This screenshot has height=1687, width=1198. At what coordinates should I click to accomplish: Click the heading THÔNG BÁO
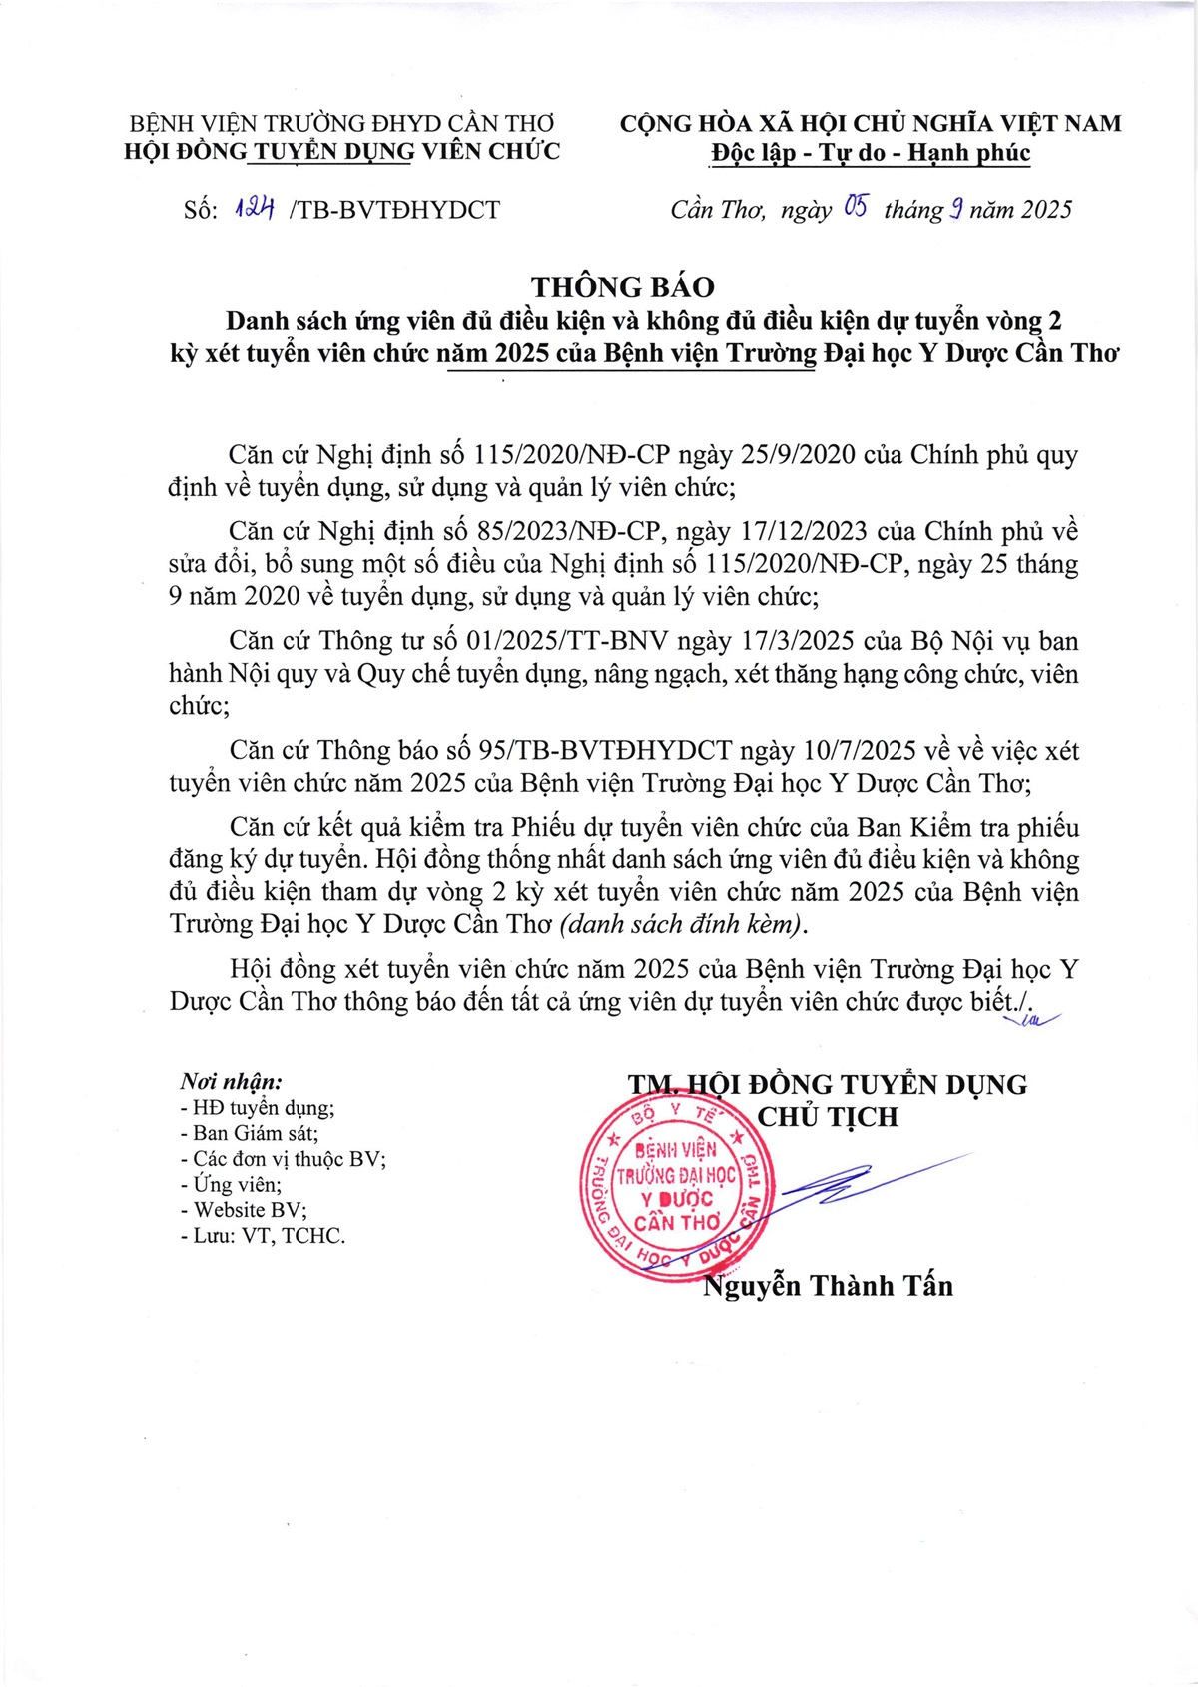click(x=623, y=287)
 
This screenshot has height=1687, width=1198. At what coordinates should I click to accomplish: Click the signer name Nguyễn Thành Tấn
click(x=828, y=1285)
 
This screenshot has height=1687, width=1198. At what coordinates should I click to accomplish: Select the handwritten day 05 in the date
click(x=855, y=207)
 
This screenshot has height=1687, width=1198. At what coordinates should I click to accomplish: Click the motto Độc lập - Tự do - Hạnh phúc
click(x=870, y=153)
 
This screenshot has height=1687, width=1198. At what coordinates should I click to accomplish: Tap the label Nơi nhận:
click(x=231, y=1081)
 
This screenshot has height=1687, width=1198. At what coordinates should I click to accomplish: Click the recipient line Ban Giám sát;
click(x=250, y=1133)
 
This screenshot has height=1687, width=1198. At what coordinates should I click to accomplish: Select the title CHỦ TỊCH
click(x=828, y=1117)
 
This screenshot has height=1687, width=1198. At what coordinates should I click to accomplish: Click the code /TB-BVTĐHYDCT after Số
click(x=393, y=210)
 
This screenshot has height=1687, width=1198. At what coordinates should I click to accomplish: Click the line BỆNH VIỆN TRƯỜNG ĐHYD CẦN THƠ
click(x=341, y=123)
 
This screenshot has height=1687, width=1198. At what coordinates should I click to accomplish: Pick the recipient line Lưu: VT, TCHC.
click(x=263, y=1236)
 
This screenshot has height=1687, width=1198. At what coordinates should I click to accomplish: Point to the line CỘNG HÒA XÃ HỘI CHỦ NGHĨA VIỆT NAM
click(x=870, y=123)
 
